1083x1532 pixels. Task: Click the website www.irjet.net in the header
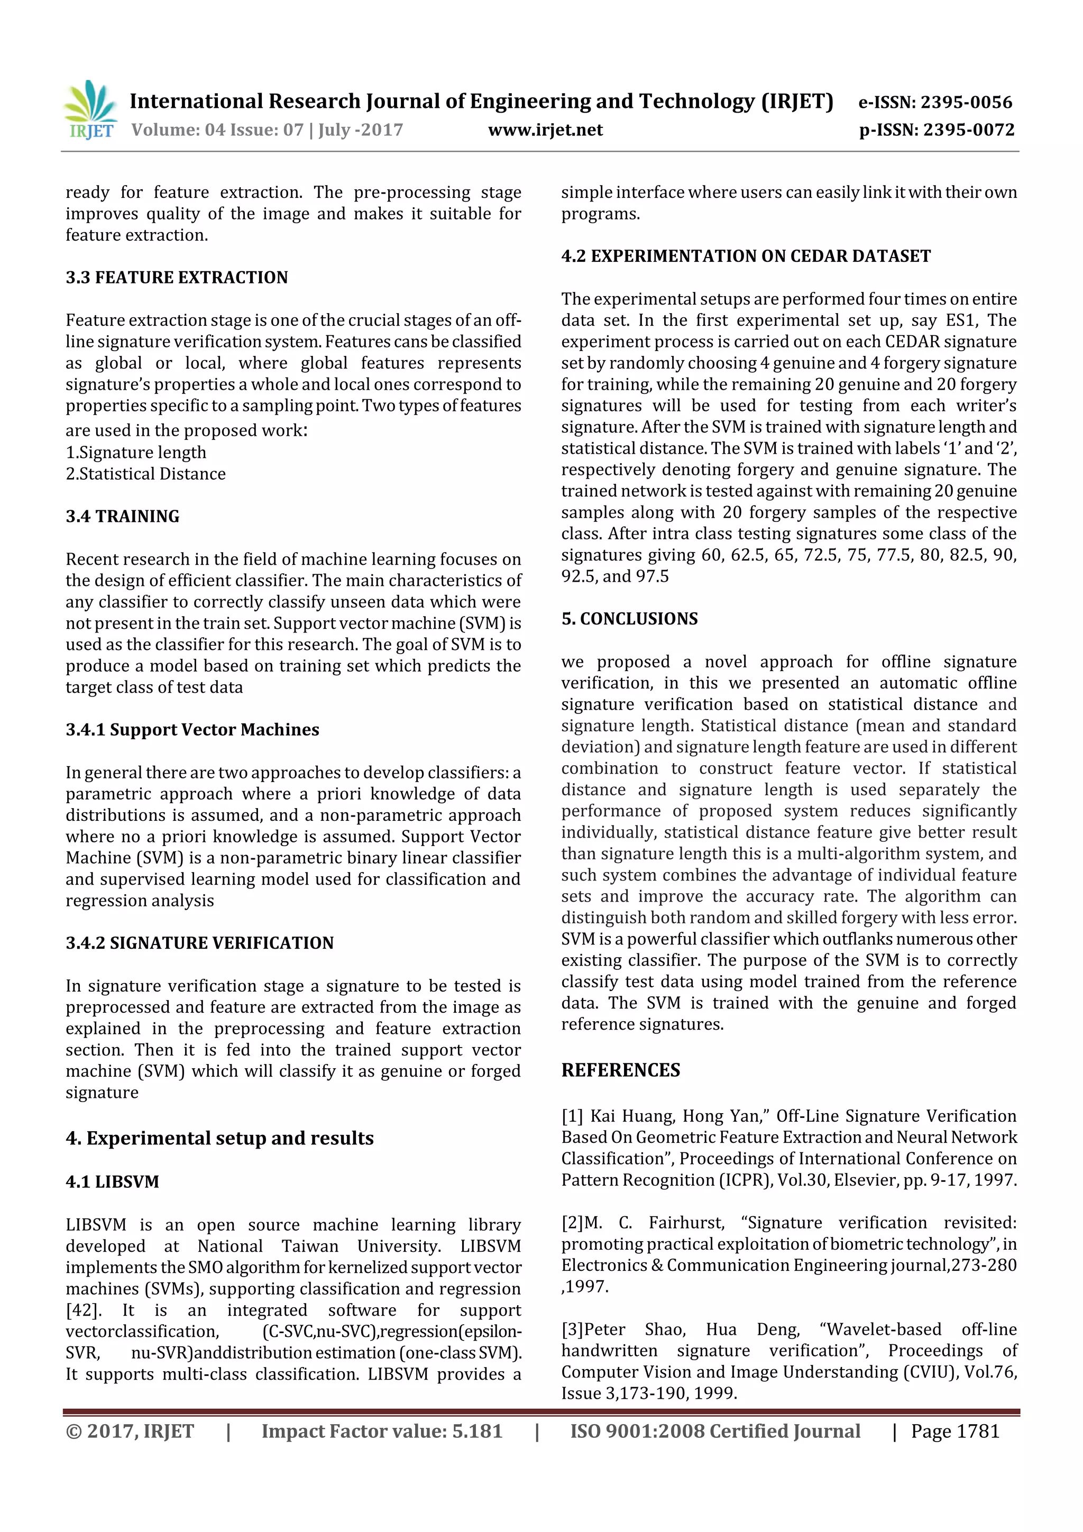coord(545,130)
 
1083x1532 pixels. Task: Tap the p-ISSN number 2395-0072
coord(968,130)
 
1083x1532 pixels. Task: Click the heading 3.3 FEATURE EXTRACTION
coord(176,278)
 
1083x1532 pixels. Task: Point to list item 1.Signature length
coord(135,452)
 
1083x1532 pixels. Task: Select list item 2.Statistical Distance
coord(145,474)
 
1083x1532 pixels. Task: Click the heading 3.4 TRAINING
coord(122,517)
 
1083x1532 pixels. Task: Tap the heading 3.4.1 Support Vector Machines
coord(192,730)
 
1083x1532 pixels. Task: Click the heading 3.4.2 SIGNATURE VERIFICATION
coord(199,943)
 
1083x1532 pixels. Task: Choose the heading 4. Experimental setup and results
coord(219,1139)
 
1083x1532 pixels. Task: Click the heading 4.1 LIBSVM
coord(112,1182)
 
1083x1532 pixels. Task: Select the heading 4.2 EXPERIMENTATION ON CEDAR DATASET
coord(745,256)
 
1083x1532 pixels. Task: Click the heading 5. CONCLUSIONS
coord(629,619)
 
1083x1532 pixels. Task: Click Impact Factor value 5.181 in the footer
coord(381,1431)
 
